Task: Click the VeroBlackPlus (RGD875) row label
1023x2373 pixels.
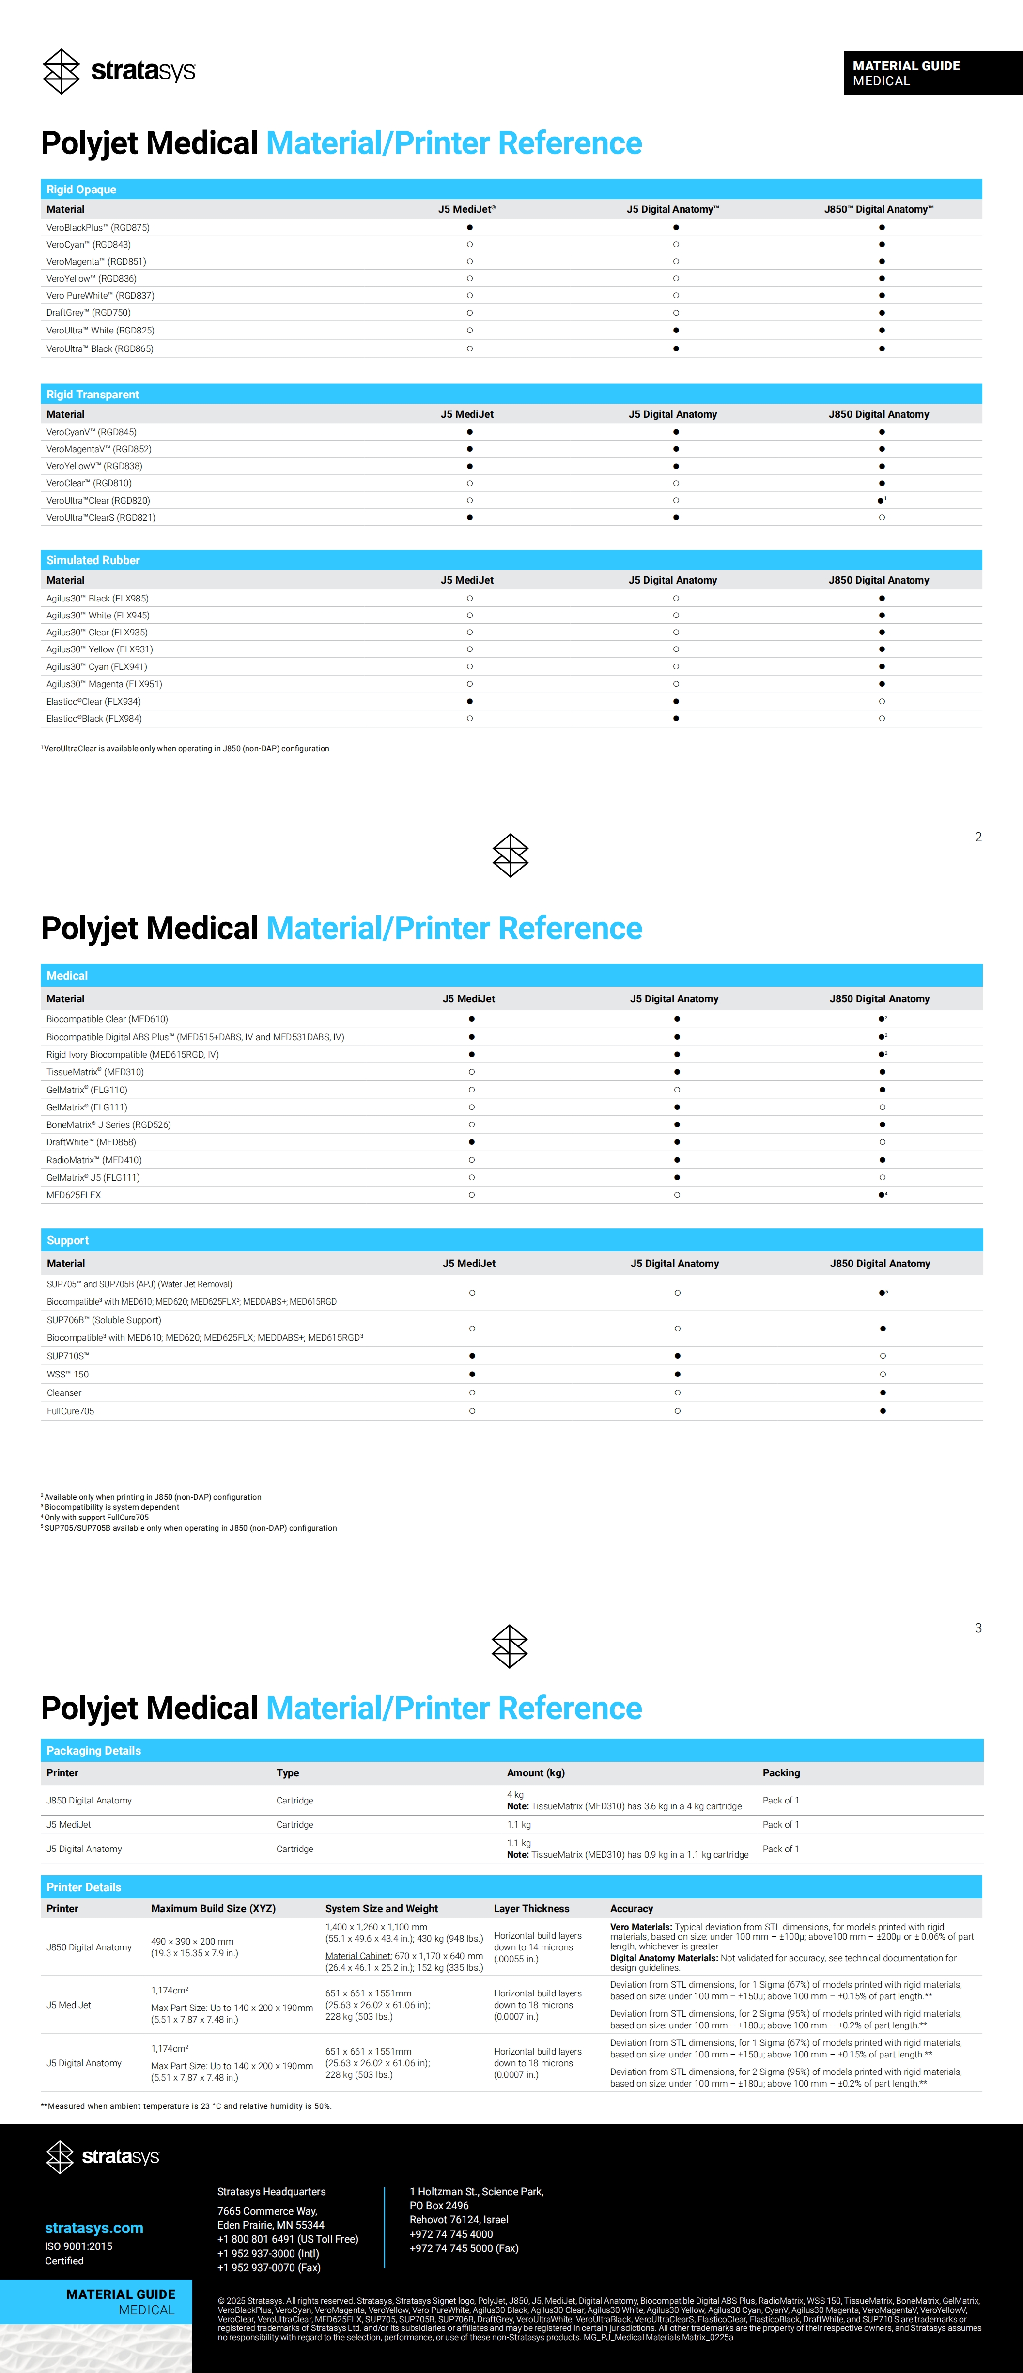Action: coord(98,227)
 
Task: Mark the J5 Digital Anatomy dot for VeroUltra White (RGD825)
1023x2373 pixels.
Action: coord(676,330)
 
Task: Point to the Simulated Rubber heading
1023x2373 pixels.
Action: coord(93,560)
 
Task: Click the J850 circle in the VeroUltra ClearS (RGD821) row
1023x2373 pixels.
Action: coord(881,518)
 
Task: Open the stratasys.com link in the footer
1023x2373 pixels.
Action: coord(94,2228)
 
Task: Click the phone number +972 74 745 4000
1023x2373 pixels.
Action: coord(451,2234)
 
